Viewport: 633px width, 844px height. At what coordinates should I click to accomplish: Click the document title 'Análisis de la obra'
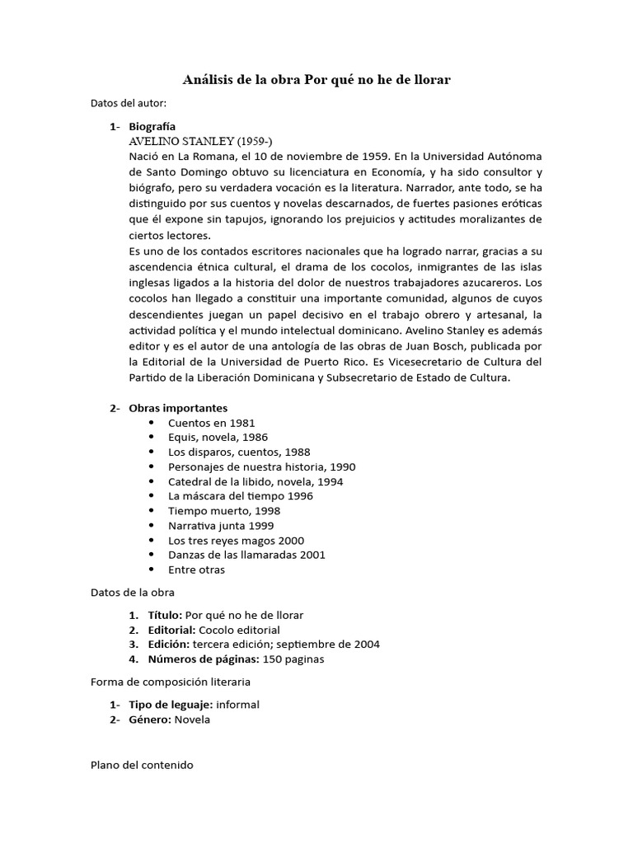pyautogui.click(x=241, y=80)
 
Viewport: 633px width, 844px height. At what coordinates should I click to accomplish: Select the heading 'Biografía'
pyautogui.click(x=152, y=127)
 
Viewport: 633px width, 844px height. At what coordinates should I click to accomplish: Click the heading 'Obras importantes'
pyautogui.click(x=178, y=408)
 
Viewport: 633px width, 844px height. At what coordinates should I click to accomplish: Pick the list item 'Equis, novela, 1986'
pyautogui.click(x=218, y=437)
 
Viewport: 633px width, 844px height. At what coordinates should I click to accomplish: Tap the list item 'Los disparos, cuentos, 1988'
pyautogui.click(x=239, y=452)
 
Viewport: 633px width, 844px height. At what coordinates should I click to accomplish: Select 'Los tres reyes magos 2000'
pyautogui.click(x=236, y=540)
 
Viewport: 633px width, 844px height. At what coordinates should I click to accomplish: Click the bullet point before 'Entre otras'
pyautogui.click(x=152, y=570)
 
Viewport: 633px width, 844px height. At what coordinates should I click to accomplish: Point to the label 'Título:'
pyautogui.click(x=165, y=615)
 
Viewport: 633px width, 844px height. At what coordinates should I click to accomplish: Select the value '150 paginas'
pyautogui.click(x=294, y=659)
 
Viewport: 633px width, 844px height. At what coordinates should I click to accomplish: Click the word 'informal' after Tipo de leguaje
pyautogui.click(x=238, y=705)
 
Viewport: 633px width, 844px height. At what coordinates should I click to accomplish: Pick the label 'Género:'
pyautogui.click(x=149, y=719)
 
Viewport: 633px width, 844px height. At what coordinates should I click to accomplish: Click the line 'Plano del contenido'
pyautogui.click(x=142, y=765)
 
